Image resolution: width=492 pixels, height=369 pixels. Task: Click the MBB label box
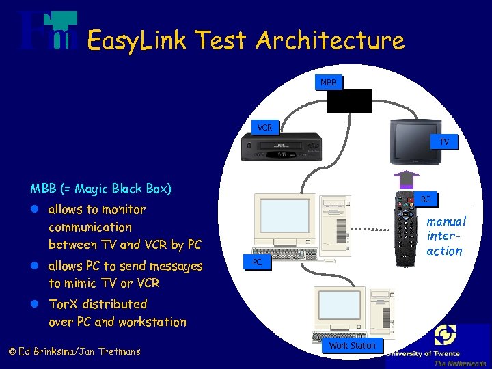coord(329,83)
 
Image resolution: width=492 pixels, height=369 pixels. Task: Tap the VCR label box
coord(264,128)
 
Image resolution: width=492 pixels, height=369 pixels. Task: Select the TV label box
coord(444,142)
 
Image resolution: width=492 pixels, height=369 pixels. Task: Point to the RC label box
coord(425,200)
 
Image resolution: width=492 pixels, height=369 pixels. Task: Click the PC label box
coord(257,262)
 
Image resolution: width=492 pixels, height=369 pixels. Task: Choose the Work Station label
coord(352,346)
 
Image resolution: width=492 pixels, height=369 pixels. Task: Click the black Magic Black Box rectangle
coord(349,100)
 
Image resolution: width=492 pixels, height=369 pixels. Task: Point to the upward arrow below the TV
coord(408,178)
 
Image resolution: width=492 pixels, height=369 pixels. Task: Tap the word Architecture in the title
coord(330,40)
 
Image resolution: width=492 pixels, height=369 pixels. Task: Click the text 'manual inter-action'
coord(445,236)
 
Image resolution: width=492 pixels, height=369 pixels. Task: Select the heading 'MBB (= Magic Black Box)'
coord(100,189)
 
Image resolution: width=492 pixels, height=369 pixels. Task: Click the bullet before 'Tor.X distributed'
coord(35,304)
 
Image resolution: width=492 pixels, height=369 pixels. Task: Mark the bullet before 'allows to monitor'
coord(35,210)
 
